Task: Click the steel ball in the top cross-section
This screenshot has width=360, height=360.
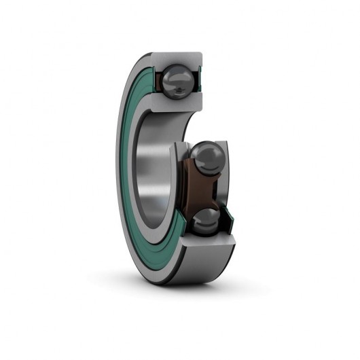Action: coord(179,77)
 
